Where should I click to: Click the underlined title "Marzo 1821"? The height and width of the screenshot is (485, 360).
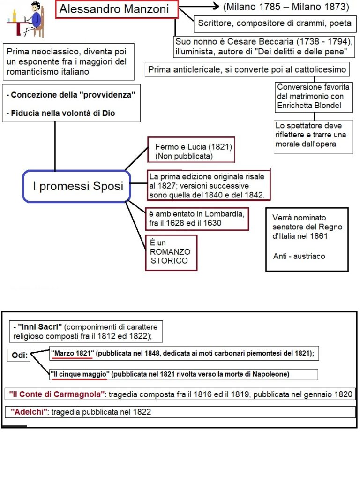pos(72,353)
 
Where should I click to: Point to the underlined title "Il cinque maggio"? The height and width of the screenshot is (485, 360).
pos(80,374)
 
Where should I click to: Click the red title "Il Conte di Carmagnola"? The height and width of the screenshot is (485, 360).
pos(57,394)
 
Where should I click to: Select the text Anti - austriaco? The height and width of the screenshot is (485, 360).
pos(299,256)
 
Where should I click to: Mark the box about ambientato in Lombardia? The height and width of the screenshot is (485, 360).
pos(196,219)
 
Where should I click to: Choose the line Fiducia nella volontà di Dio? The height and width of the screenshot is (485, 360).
pos(60,113)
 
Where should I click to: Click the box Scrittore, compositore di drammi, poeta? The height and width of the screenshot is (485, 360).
pos(274,23)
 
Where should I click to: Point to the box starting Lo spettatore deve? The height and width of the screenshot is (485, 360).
pos(309,135)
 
